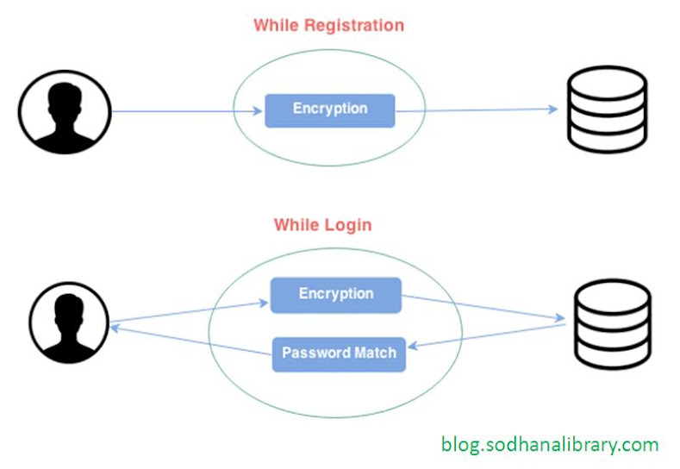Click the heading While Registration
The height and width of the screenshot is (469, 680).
[x=328, y=25]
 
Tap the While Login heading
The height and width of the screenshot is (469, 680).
[x=322, y=225]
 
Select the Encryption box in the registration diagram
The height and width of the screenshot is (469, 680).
[x=329, y=110]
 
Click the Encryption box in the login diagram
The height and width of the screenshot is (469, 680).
[x=335, y=295]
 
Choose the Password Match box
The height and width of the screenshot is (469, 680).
[x=339, y=353]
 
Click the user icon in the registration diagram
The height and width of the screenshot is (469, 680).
[x=65, y=110]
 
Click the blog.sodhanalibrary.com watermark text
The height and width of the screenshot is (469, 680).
[x=550, y=445]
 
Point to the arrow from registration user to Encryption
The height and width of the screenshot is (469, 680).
[x=185, y=110]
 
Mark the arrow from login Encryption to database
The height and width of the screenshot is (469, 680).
[x=483, y=308]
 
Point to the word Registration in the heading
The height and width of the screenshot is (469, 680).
[x=355, y=25]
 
